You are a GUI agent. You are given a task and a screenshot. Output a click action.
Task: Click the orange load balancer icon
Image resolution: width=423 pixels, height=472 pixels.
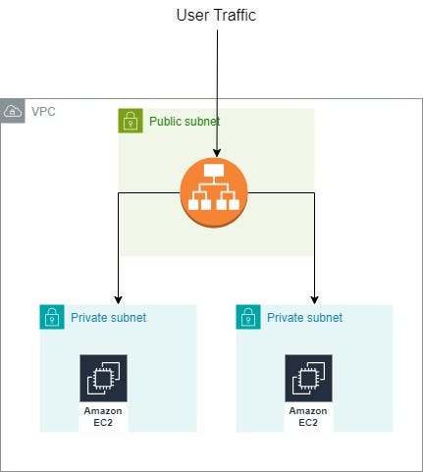212,192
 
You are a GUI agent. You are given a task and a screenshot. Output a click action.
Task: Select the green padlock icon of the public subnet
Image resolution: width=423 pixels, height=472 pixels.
130,122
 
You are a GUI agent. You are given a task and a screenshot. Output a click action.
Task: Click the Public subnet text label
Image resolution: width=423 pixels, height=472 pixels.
185,122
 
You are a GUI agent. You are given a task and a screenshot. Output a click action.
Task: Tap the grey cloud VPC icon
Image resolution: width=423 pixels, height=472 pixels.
13,111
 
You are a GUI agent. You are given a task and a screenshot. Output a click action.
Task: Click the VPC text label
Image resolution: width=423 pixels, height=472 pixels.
43,111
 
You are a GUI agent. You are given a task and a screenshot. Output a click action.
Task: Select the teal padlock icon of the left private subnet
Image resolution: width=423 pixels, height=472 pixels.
51,317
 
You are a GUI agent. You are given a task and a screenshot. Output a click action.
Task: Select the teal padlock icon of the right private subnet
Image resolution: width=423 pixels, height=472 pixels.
247,317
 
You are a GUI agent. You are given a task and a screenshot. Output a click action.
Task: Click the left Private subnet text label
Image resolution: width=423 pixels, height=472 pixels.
108,318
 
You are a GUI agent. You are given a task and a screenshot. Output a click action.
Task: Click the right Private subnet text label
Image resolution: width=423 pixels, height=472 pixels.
304,318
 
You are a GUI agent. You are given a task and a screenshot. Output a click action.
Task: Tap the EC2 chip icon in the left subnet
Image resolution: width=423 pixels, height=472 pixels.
103,379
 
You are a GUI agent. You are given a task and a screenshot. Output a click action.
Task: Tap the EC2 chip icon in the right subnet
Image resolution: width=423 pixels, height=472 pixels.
309,379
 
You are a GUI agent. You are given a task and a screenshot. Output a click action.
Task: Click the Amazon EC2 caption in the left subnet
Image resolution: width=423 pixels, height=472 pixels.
103,416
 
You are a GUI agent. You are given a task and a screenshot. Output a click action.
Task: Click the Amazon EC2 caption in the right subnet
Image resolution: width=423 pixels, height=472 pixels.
309,416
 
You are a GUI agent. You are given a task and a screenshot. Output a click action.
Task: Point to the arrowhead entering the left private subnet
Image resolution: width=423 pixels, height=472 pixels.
118,299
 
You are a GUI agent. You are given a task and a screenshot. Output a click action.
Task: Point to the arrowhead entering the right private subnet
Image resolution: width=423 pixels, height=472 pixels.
314,299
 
